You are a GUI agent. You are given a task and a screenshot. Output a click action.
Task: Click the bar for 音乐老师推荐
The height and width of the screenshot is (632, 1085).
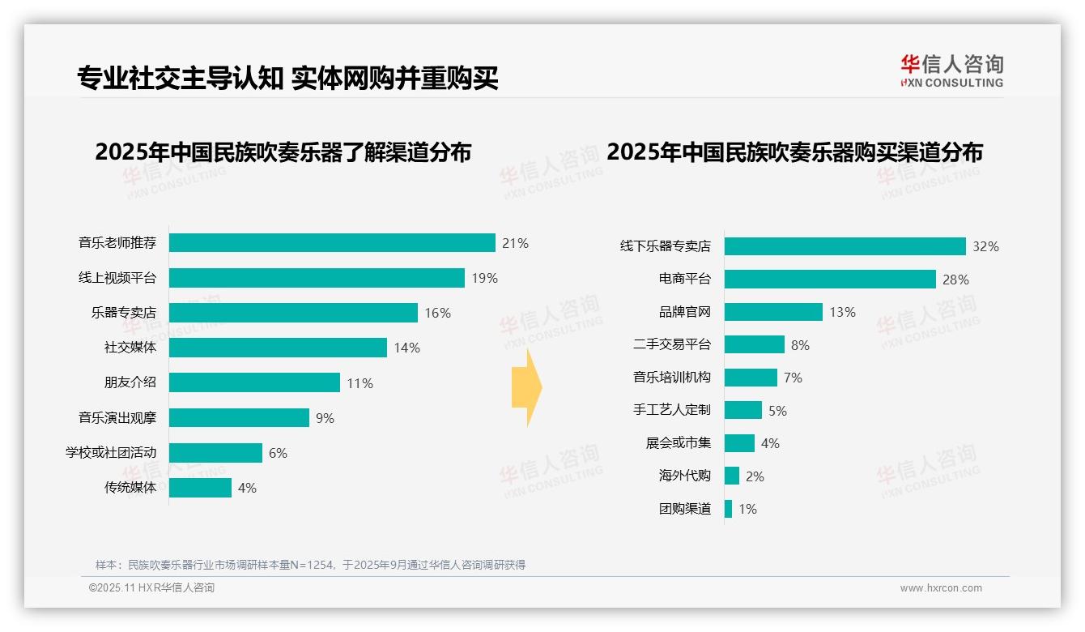[x=332, y=243]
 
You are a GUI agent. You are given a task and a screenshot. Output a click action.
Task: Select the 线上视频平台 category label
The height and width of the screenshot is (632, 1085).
[x=117, y=278]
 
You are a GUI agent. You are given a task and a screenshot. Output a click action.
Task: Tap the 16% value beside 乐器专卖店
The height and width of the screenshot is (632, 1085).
[x=437, y=313]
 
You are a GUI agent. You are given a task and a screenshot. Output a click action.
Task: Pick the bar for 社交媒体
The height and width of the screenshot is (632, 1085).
[x=278, y=348]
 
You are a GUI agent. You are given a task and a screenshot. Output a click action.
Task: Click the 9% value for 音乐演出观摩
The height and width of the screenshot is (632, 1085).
[x=325, y=418]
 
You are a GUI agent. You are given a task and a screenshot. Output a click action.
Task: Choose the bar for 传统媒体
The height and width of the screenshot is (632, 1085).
[x=200, y=488]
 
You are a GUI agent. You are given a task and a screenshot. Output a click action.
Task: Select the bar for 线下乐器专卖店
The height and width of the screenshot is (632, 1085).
[x=845, y=246]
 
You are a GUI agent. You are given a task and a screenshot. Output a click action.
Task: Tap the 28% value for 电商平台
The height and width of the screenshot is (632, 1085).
[x=955, y=280]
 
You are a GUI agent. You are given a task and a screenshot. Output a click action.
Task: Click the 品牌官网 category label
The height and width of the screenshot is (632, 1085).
[x=684, y=312]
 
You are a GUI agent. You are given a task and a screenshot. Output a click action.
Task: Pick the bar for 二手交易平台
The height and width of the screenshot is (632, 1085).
[x=754, y=344]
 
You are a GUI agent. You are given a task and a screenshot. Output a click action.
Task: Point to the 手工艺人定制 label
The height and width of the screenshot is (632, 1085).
[x=671, y=410]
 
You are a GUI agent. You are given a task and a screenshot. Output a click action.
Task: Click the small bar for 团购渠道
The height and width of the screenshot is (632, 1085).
[x=728, y=509]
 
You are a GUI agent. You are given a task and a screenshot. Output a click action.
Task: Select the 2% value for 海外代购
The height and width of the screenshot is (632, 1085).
[x=755, y=476]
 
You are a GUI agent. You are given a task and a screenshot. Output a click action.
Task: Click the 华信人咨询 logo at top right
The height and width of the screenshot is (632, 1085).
[x=951, y=70]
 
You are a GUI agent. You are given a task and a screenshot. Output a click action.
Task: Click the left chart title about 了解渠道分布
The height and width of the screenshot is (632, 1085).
[x=283, y=152]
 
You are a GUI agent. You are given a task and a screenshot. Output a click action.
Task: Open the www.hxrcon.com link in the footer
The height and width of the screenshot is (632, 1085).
[x=941, y=588]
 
